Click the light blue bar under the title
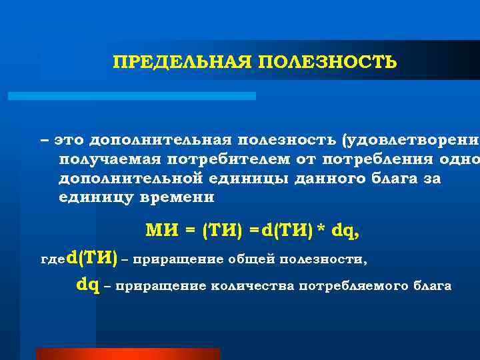click(x=131, y=96)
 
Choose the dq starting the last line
click(x=88, y=285)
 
